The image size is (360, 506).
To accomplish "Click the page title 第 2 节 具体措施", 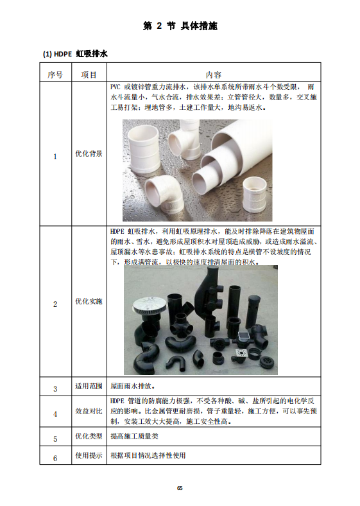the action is pyautogui.click(x=180, y=26).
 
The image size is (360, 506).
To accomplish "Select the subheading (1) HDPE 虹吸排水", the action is pyautogui.click(x=75, y=54).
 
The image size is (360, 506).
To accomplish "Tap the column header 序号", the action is pyautogui.click(x=55, y=75).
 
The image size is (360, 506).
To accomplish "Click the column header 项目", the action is pyautogui.click(x=89, y=75).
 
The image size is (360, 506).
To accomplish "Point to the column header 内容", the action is pyautogui.click(x=214, y=75).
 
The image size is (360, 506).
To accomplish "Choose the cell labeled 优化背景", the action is pyautogui.click(x=89, y=153).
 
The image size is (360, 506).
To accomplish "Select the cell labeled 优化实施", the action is pyautogui.click(x=89, y=301).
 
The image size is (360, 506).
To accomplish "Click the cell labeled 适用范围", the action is pyautogui.click(x=89, y=386).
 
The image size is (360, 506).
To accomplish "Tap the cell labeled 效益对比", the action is pyautogui.click(x=89, y=411).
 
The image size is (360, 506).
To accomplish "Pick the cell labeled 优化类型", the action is pyautogui.click(x=89, y=436).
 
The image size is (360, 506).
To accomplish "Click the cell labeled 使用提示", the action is pyautogui.click(x=89, y=455).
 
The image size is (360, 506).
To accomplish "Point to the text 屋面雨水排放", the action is pyautogui.click(x=133, y=386).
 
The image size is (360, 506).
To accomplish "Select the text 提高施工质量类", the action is pyautogui.click(x=134, y=436).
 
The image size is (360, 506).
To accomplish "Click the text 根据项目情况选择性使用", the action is pyautogui.click(x=148, y=455).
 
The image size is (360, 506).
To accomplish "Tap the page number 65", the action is pyautogui.click(x=180, y=488).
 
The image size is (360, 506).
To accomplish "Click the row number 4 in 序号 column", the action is pyautogui.click(x=55, y=414).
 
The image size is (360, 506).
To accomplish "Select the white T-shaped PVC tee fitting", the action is pyautogui.click(x=184, y=139).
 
